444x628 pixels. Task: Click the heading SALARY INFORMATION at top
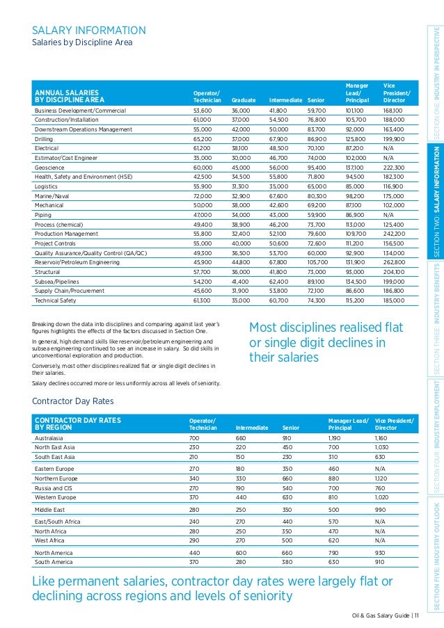point(89,30)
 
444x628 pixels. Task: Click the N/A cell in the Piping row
point(389,215)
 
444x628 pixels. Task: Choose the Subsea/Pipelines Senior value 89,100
point(317,281)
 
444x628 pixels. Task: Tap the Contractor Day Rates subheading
point(73,401)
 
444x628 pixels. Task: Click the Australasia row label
point(51,438)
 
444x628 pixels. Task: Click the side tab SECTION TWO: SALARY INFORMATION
point(436,202)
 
